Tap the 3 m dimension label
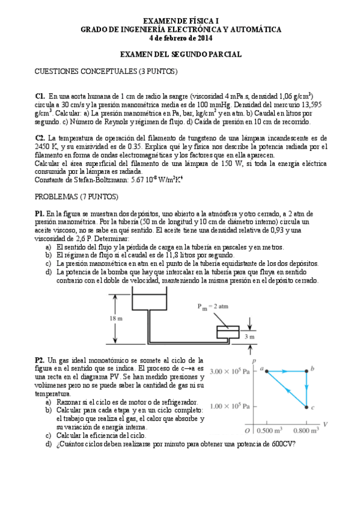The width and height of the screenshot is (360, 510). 252,337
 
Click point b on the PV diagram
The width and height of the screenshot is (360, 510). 307,371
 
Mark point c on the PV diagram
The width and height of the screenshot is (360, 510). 307,407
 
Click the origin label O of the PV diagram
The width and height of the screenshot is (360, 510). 247,431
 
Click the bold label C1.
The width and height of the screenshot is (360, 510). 40,96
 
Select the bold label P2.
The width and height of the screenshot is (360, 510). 40,359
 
